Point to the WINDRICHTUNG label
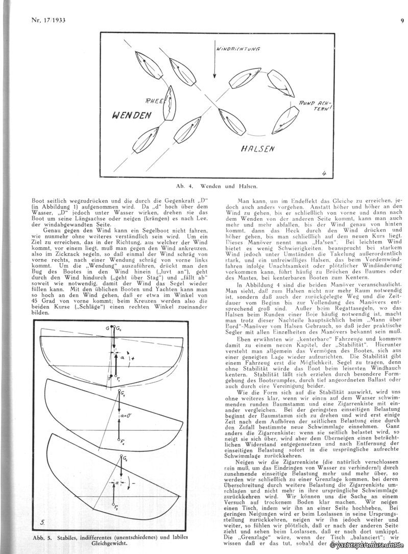tap(238, 50)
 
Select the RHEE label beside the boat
tap(155, 101)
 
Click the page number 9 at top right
tap(402, 21)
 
